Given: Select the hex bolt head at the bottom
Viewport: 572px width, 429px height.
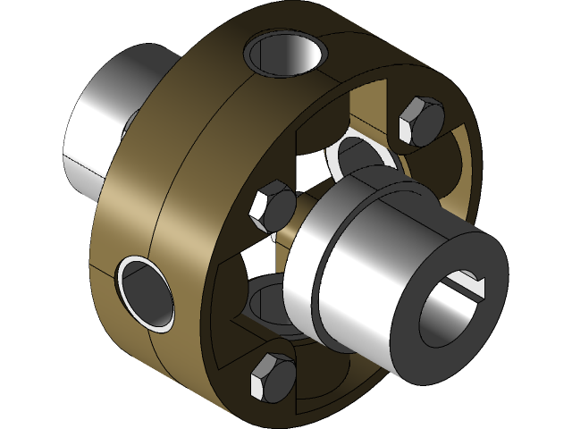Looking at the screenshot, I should [x=273, y=376].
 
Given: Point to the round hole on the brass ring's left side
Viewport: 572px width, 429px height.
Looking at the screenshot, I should [x=144, y=291].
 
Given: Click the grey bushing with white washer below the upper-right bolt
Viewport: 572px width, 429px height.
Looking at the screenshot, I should [x=362, y=156].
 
